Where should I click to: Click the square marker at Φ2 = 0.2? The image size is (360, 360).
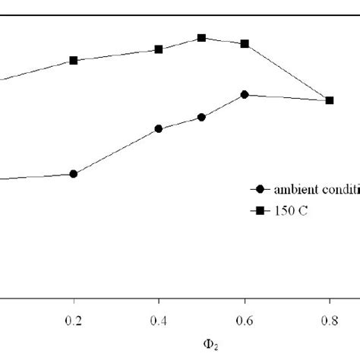[74, 60]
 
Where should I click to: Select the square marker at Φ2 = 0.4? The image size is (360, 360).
[159, 49]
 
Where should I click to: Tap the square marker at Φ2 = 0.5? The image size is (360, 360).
[201, 38]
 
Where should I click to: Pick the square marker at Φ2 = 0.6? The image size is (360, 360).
[245, 44]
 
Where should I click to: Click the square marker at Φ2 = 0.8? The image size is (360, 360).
[330, 100]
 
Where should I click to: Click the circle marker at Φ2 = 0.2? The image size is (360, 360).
[74, 174]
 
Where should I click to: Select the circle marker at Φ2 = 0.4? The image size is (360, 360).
[159, 129]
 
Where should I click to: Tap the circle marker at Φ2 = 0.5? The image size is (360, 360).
[201, 118]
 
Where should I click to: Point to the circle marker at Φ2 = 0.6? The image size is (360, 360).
[245, 94]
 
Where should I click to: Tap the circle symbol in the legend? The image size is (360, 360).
[261, 191]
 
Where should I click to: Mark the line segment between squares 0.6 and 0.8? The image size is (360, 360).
[287, 72]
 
